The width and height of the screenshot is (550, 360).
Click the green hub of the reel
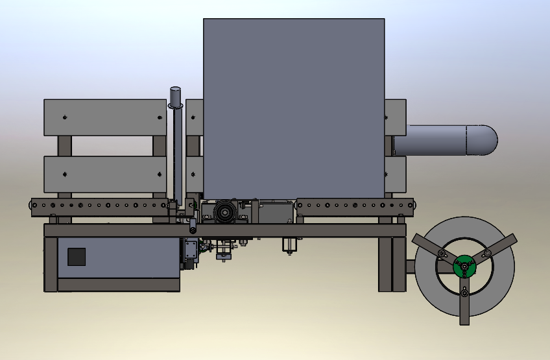pos(464,267)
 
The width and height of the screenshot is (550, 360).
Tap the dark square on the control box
pos(77,257)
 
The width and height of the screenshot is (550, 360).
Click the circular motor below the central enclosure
pos(224,212)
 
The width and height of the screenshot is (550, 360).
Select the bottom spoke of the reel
pos(465,305)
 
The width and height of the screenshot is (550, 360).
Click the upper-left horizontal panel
pos(105,117)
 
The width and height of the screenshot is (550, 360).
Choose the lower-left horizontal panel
pos(105,174)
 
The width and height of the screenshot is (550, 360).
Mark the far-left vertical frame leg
pos(51,264)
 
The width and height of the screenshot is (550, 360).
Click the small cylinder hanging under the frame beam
pos(289,244)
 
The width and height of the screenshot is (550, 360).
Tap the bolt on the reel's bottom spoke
pos(465,294)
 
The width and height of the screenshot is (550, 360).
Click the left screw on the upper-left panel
pos(65,117)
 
